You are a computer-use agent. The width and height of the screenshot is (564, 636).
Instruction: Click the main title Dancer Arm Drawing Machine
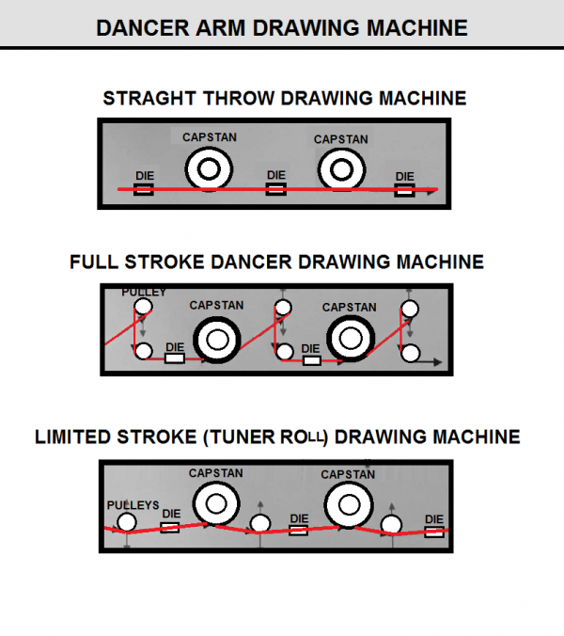pos(282,27)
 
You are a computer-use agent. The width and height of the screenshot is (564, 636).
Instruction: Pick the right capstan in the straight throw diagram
pos(340,169)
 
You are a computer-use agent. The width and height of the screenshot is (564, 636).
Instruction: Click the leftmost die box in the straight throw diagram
pos(144,190)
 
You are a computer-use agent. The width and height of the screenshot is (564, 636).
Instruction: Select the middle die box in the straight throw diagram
pos(275,190)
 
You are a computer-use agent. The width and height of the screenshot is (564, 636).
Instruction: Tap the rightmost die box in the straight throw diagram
pos(404,191)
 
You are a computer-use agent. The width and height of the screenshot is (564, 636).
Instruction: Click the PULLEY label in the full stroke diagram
pos(144,293)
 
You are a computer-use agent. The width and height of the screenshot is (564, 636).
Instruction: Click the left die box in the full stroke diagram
pos(175,358)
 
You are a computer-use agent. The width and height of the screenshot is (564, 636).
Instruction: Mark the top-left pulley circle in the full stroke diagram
pos(142,308)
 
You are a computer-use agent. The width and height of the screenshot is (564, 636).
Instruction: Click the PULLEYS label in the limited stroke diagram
pos(133,504)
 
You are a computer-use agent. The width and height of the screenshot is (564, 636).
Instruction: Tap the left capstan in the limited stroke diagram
pos(216,504)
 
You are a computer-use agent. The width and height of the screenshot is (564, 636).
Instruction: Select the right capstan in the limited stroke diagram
pos(347,504)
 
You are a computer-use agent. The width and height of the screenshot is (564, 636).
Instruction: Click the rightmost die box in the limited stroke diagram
pos(433,532)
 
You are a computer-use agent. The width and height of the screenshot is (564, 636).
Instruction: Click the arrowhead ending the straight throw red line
pos(433,191)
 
